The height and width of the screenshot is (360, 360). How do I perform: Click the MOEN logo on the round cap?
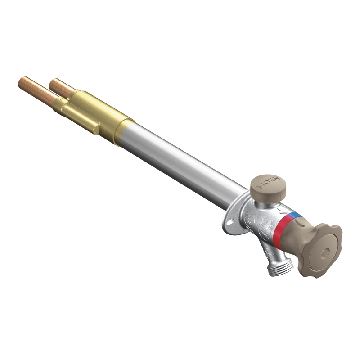pyautogui.click(x=269, y=182)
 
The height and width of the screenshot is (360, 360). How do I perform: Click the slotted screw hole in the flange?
pyautogui.click(x=230, y=222)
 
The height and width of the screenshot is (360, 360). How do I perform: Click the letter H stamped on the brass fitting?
pyautogui.click(x=60, y=99)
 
